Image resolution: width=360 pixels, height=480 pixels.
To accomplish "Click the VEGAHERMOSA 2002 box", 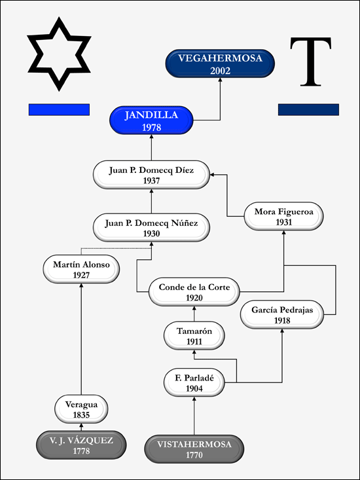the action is click(x=220, y=64).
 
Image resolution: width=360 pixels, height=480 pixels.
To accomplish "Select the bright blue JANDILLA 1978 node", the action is click(x=151, y=120).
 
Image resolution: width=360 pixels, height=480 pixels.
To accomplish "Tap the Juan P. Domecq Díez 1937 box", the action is click(x=151, y=174).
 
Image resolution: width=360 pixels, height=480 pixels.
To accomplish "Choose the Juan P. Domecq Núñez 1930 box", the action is click(x=151, y=227).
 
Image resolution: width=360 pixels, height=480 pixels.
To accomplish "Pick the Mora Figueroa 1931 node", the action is click(x=283, y=216).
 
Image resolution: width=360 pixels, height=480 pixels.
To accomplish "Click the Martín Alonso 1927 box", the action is click(x=81, y=268).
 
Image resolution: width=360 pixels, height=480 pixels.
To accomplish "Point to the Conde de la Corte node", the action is click(x=194, y=292).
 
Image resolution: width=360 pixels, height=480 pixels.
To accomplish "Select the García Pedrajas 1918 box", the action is click(x=282, y=314).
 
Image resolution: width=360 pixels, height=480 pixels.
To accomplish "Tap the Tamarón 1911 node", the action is click(x=194, y=335).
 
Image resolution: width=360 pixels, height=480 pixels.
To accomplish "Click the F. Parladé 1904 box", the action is click(x=194, y=382).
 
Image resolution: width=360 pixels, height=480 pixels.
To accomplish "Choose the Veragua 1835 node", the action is click(x=81, y=409).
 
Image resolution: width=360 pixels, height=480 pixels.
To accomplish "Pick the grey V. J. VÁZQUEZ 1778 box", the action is click(x=81, y=445).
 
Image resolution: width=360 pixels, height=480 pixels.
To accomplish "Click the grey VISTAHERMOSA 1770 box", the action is click(x=194, y=449).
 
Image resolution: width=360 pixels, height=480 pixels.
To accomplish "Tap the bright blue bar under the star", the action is click(x=59, y=109).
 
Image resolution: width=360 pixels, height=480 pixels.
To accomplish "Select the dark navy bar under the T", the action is click(x=308, y=109).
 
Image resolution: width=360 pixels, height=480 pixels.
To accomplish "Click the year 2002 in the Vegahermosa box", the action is click(x=220, y=71).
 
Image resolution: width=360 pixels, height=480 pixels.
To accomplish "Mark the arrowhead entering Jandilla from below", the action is click(x=151, y=137).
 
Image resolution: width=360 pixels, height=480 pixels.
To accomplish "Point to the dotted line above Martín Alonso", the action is click(x=116, y=248).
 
